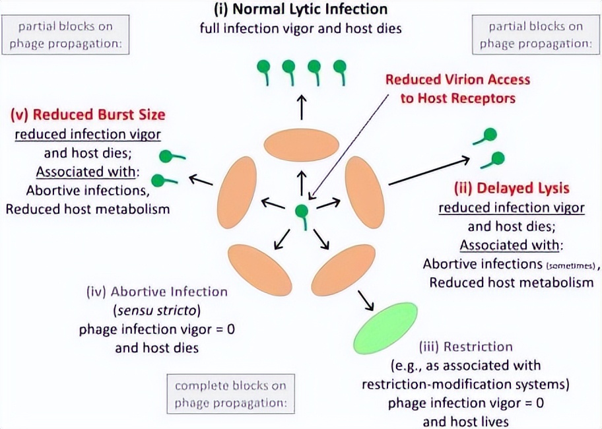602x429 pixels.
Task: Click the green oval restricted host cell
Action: pos(386,328)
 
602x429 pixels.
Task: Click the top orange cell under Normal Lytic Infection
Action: pos(302,146)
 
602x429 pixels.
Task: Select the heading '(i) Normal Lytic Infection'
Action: pos(300,10)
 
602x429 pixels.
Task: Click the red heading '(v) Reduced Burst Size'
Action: pos(88,114)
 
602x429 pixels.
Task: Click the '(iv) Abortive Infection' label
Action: pos(157,291)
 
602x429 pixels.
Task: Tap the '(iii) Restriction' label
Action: pos(465,346)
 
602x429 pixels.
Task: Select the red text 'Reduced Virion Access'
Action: pos(457,80)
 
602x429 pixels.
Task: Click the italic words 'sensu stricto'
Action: pos(157,310)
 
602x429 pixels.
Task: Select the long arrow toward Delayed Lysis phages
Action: pos(428,170)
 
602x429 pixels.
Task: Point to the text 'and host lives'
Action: pos(465,420)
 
